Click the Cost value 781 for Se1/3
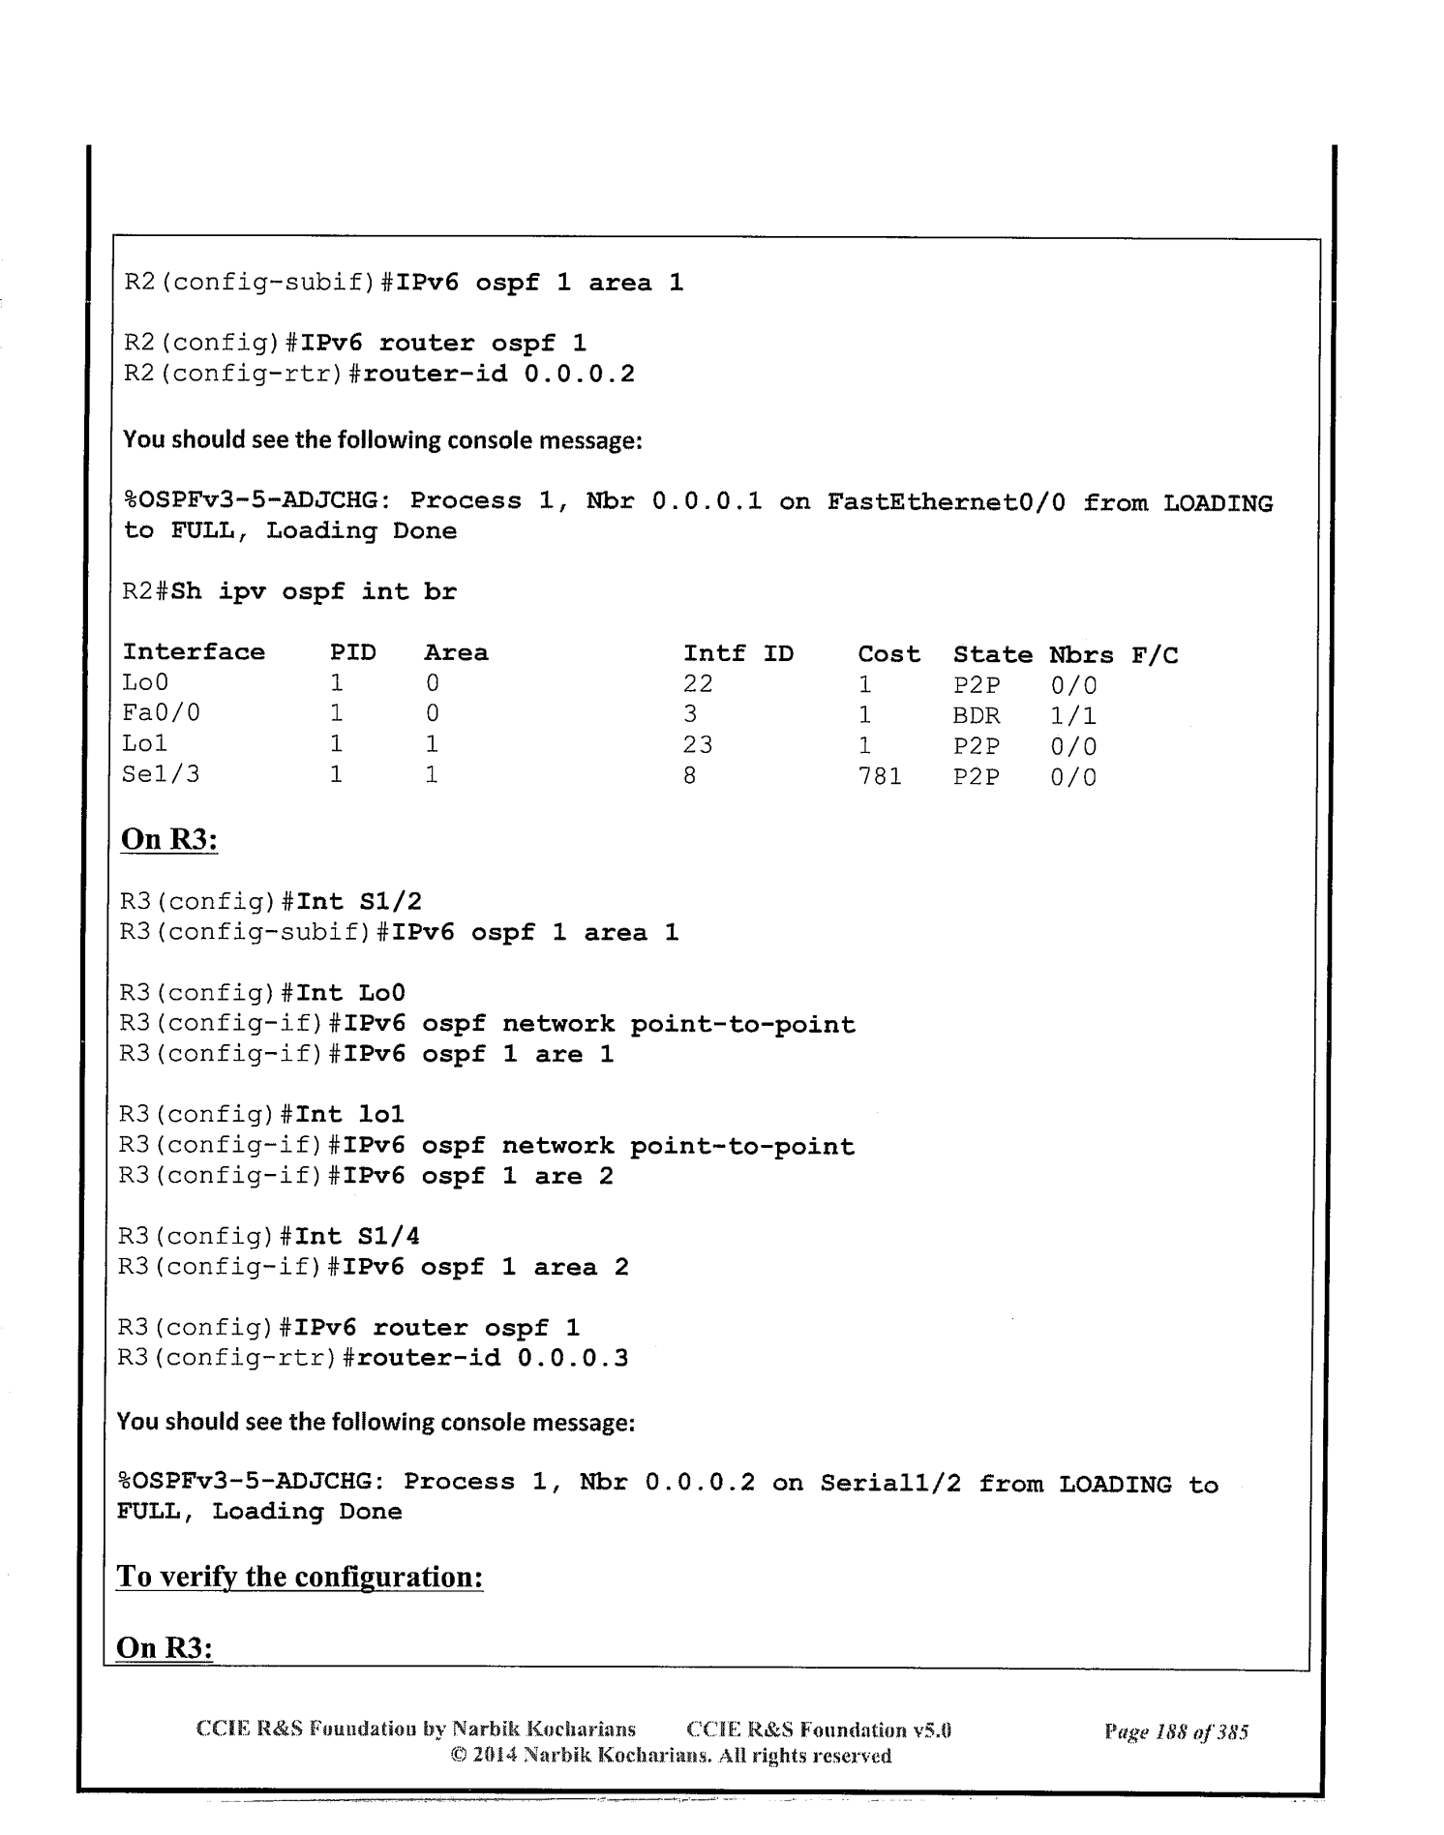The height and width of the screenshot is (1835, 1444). pos(880,776)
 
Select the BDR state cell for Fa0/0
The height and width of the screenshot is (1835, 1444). pos(977,716)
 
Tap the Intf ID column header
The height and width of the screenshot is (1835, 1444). pos(738,654)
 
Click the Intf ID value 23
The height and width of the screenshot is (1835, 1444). pos(698,745)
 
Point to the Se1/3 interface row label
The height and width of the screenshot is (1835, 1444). pos(161,775)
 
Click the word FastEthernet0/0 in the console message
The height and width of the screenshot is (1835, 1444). pos(947,502)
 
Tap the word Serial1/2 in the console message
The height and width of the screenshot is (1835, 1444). pos(890,1484)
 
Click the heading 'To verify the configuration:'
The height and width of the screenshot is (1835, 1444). pos(299,1577)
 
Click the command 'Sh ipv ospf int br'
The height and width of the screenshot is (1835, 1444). pos(314,591)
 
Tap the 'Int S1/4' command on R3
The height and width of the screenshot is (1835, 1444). pos(358,1236)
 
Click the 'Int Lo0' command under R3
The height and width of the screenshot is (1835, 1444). pos(350,993)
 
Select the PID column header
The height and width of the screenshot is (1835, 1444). pos(352,653)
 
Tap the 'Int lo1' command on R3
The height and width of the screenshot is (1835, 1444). pos(350,1115)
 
